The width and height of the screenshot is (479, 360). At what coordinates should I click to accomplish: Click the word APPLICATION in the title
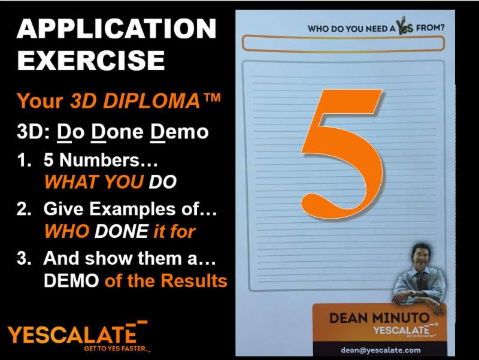116,28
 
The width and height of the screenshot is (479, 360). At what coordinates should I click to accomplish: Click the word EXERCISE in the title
91,60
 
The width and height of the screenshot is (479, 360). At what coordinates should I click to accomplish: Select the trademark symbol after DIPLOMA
211,97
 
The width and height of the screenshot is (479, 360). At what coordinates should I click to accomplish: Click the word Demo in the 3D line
179,132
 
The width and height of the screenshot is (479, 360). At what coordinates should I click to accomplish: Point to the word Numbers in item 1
99,159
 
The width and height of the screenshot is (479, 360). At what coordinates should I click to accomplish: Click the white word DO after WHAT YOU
162,182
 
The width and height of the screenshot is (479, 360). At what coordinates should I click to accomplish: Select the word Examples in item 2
137,210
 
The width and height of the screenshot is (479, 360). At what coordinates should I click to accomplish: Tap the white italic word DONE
122,231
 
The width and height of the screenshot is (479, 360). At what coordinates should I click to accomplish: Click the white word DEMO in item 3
71,280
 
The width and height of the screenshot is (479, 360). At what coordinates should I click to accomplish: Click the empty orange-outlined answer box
342,37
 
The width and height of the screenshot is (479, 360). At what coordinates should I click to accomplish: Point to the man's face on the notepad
422,256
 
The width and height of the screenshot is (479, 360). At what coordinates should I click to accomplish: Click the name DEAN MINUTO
380,318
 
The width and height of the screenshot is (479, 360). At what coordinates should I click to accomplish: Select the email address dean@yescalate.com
381,350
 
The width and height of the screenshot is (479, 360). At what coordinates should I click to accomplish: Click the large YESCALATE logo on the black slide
72,334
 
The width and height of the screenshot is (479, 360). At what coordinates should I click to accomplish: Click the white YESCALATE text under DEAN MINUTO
401,331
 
